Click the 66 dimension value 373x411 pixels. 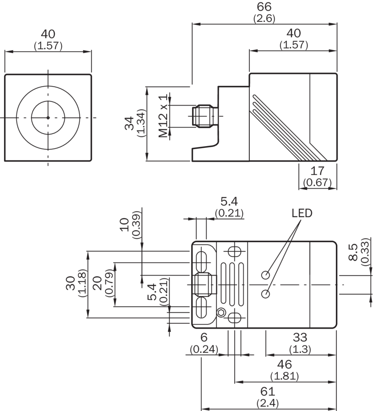(265, 7)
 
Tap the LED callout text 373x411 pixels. (302, 213)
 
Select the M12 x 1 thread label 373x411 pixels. (163, 116)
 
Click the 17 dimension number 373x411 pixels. (318, 171)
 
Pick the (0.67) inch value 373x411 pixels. (318, 182)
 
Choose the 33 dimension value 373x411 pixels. (300, 338)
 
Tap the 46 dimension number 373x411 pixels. (285, 364)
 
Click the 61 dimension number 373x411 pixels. (268, 391)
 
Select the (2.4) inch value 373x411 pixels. (268, 403)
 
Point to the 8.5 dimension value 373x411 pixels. (353, 252)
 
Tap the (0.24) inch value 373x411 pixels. (204, 349)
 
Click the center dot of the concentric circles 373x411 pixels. (48, 117)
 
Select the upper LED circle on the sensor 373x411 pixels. (265, 275)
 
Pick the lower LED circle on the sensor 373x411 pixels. (265, 293)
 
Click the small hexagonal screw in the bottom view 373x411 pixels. (221, 312)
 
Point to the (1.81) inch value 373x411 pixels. (285, 376)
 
